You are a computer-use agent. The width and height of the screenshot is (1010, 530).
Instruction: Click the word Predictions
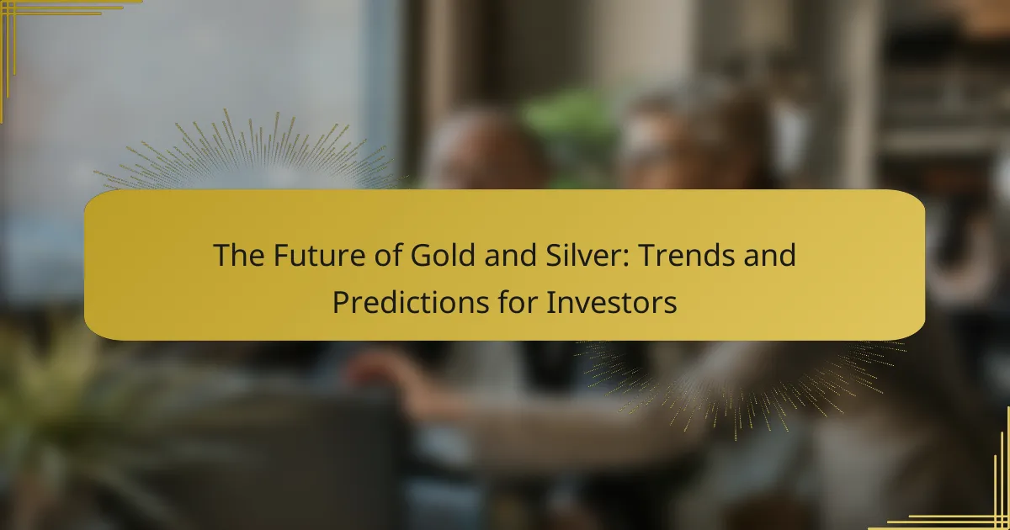click(411, 302)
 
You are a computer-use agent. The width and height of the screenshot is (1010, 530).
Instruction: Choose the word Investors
click(612, 302)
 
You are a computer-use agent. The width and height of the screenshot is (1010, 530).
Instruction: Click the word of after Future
click(387, 255)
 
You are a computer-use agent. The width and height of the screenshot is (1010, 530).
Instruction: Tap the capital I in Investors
click(550, 302)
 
